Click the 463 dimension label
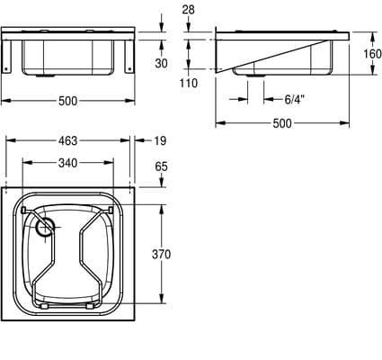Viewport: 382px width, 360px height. [67, 140]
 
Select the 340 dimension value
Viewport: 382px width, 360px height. [67, 163]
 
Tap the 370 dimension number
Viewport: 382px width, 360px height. [161, 254]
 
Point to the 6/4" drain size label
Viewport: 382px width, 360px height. [295, 99]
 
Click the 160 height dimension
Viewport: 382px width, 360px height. [372, 54]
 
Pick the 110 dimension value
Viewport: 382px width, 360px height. [189, 83]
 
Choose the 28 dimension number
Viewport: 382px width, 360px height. [188, 10]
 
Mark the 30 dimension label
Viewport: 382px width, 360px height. [161, 63]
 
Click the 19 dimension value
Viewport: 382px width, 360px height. [160, 140]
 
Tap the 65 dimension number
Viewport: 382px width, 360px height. [161, 166]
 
